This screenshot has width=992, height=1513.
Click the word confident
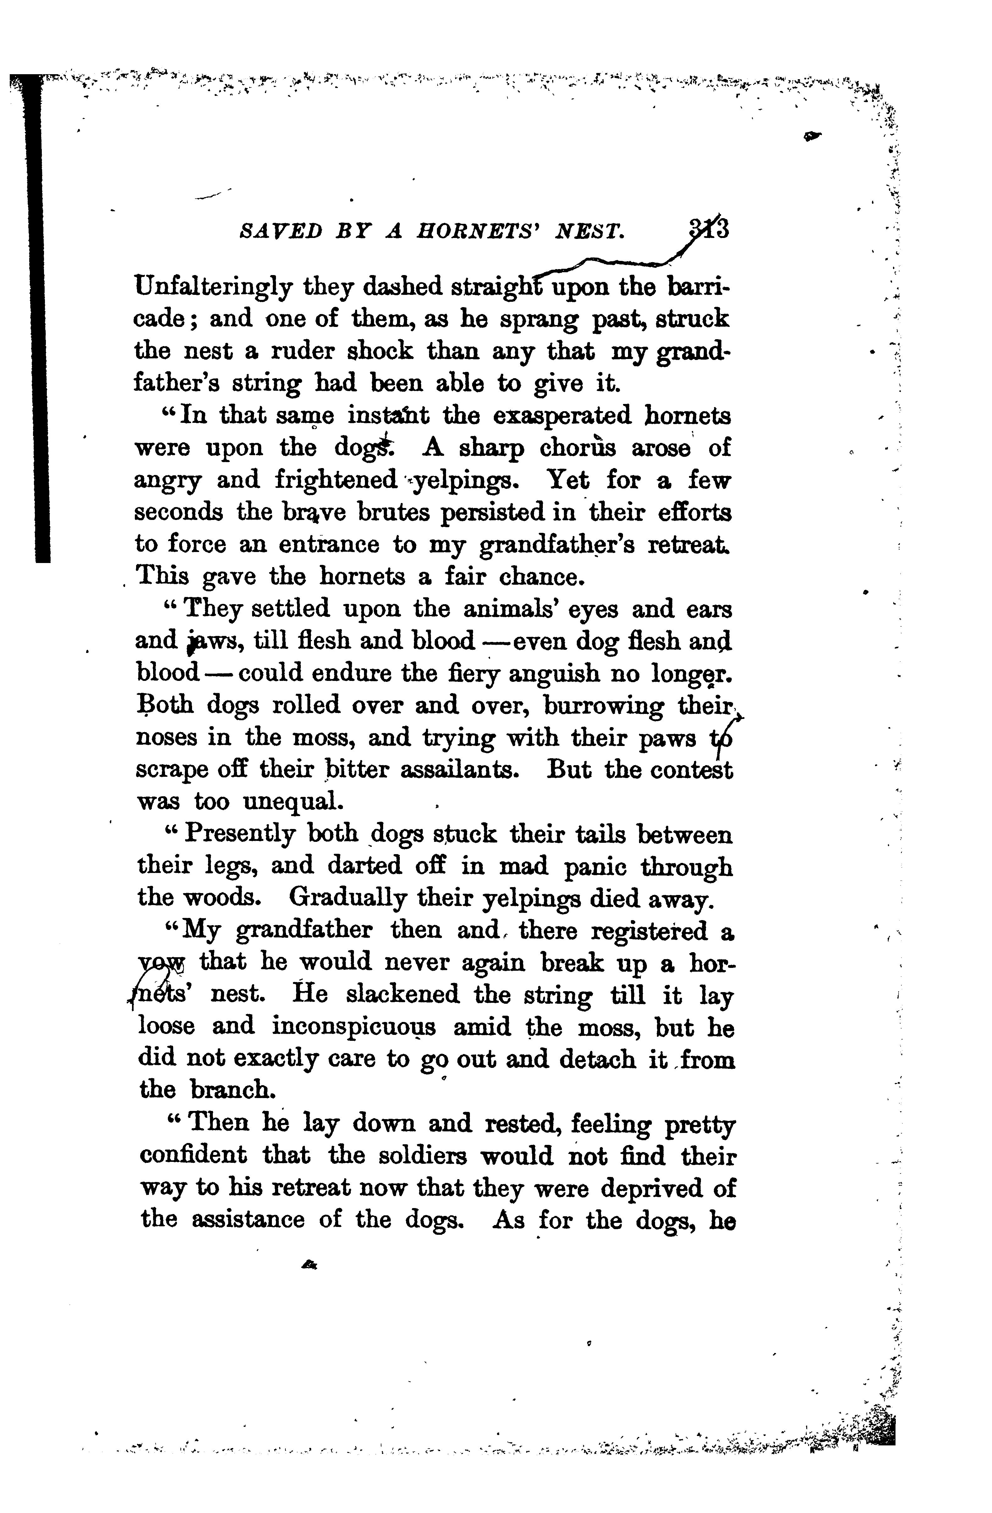coord(193,1156)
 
